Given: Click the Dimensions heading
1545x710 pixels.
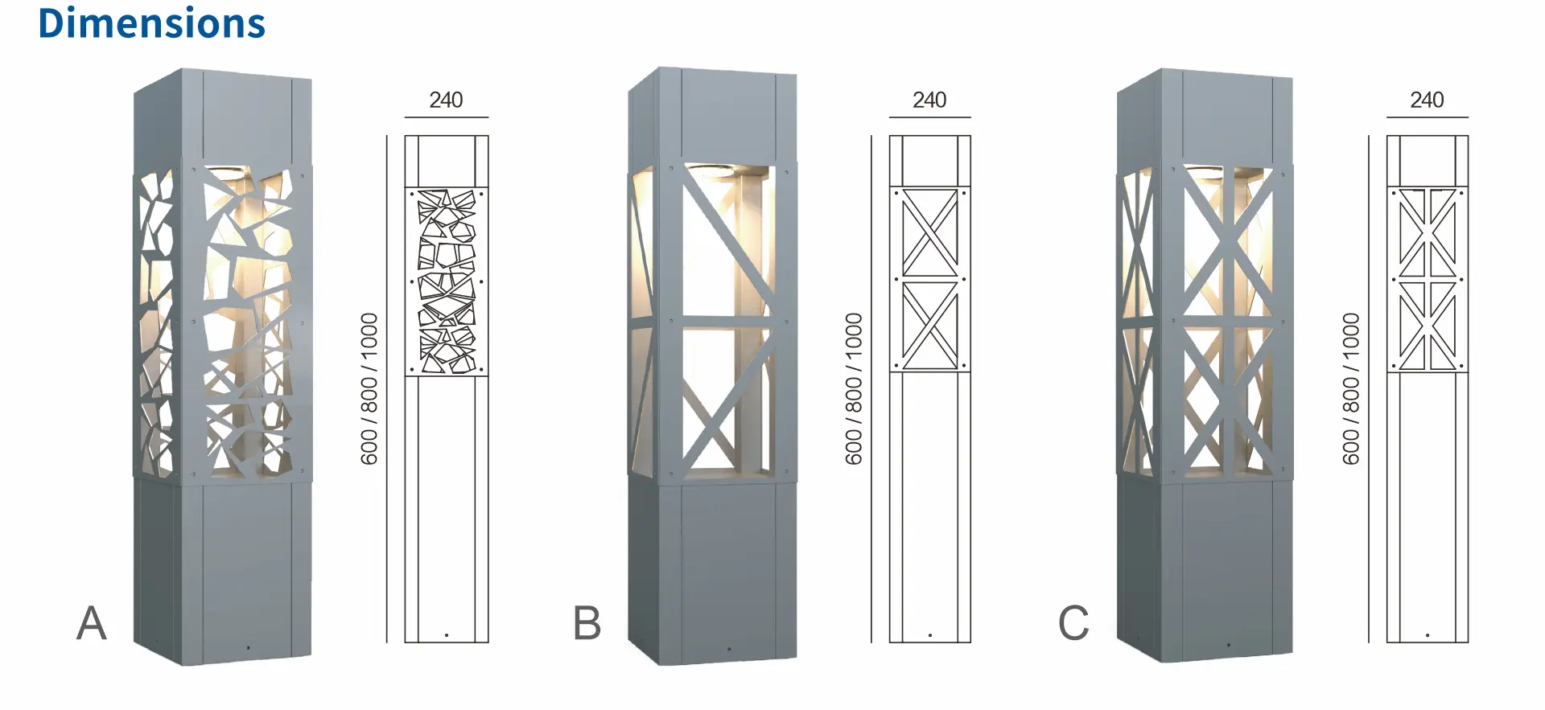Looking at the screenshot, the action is click(151, 23).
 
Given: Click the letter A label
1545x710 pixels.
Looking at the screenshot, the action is click(91, 623).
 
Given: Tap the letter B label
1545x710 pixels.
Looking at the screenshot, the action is click(587, 623).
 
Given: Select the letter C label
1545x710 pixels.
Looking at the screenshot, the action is click(1073, 623).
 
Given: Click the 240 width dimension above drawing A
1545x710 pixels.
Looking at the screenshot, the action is click(446, 100).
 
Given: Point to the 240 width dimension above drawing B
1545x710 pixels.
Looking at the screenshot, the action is click(929, 100).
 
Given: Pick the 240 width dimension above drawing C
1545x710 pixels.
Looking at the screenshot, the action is click(1427, 100).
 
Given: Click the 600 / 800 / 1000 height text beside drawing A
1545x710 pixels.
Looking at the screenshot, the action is click(369, 389).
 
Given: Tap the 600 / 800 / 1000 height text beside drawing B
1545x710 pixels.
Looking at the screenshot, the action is click(853, 389).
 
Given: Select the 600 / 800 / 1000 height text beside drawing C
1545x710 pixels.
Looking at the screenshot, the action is click(1350, 389).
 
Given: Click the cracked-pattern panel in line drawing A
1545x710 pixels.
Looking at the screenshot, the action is click(447, 281).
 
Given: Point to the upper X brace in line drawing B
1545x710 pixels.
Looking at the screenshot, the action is click(929, 233).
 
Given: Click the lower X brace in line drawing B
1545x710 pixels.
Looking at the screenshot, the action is click(929, 325).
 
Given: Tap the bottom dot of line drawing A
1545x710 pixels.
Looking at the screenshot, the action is click(447, 635).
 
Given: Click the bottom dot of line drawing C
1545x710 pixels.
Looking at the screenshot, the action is click(1428, 635).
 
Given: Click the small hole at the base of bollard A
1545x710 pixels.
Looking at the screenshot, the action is click(248, 647).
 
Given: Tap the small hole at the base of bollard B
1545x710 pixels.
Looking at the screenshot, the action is click(729, 648).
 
